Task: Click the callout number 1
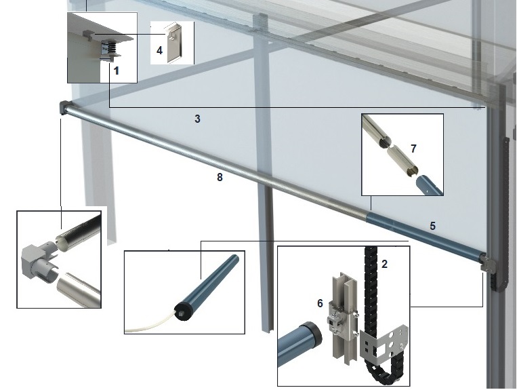point(116,71)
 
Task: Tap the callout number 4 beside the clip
point(160,50)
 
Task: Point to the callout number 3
point(197,119)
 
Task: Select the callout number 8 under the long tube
point(220,177)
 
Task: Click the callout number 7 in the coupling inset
point(413,149)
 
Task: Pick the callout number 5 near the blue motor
point(432,226)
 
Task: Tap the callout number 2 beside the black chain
point(384,264)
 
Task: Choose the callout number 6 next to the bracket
point(320,303)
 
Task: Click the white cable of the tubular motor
point(151,322)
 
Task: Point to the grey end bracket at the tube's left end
point(63,108)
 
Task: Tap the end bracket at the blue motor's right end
point(487,262)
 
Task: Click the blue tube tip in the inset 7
point(428,185)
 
